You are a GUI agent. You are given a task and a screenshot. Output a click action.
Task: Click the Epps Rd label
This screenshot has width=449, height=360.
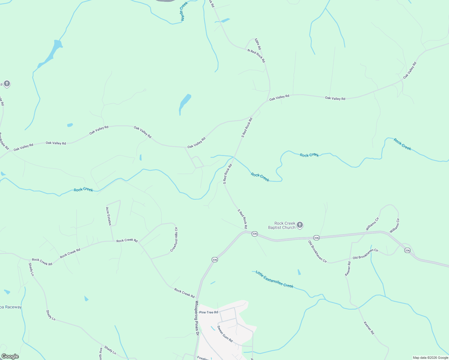tap(258, 44)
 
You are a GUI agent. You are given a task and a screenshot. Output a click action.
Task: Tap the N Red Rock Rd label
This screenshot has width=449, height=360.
tap(256, 56)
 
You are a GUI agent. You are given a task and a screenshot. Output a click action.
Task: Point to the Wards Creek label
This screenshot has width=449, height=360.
tap(184, 11)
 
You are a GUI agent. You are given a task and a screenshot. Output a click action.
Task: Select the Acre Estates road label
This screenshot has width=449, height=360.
tap(108, 216)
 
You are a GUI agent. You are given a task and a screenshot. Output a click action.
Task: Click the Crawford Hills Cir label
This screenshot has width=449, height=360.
tap(174, 239)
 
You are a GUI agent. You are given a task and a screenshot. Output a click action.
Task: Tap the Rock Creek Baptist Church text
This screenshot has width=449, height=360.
tap(282, 226)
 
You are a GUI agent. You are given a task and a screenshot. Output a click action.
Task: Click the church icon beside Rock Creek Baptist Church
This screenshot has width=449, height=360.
tap(300, 225)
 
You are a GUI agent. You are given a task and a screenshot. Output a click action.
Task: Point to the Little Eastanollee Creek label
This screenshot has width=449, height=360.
tap(274, 279)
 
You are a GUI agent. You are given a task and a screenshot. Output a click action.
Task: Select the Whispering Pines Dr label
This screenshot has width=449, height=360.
tap(197, 318)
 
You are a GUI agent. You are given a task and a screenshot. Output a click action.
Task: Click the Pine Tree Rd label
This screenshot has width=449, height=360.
tap(209, 312)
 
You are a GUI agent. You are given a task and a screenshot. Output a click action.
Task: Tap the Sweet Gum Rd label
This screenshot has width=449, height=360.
tap(225, 334)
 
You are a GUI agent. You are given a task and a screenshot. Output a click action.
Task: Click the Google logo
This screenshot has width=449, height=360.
tap(10, 356)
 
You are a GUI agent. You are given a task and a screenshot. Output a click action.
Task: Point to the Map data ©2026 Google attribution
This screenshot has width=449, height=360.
tap(430, 358)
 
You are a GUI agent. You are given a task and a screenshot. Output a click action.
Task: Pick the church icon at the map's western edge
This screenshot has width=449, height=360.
tap(7, 84)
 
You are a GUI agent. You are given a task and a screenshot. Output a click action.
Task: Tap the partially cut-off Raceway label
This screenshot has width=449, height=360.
tap(11, 307)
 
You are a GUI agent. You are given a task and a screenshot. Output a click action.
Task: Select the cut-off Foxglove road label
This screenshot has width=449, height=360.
tap(203, 358)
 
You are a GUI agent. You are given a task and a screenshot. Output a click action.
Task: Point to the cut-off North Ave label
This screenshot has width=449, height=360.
tap(101, 354)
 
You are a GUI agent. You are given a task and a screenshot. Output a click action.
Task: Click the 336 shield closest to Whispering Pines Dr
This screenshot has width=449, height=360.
tap(214, 260)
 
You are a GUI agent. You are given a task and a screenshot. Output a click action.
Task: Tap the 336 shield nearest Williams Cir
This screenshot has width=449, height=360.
tap(407, 250)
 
